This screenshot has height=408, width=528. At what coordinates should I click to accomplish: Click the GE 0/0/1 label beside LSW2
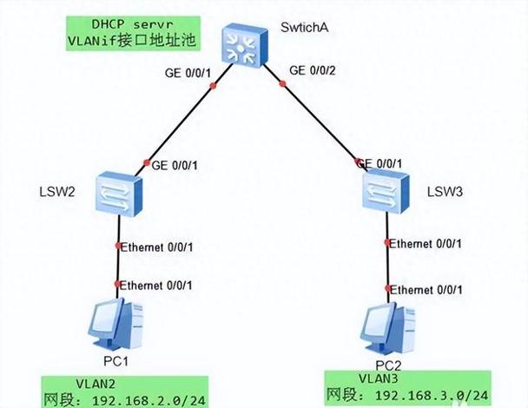pyautogui.click(x=177, y=164)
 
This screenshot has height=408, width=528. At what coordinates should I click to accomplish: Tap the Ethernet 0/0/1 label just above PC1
pyautogui.click(x=156, y=285)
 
